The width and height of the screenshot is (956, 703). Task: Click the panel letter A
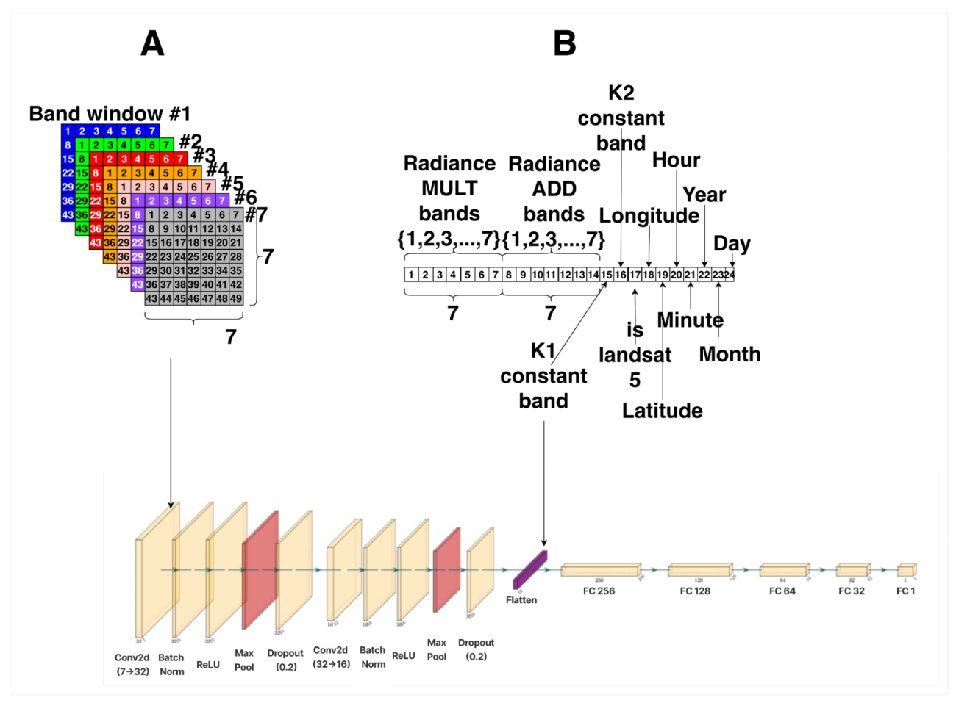152,43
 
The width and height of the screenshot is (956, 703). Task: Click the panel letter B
564,43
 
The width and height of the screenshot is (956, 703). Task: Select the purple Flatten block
529,569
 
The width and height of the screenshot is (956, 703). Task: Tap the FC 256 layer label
599,591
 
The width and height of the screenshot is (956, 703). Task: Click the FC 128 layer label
695,591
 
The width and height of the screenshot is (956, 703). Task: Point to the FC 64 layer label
782,591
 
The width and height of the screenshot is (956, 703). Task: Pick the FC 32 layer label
852,591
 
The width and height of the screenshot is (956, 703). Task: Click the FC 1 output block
906,570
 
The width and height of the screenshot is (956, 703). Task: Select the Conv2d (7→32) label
132,664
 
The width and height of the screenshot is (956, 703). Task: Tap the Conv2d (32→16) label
331,657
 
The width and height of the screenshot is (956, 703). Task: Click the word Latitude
662,411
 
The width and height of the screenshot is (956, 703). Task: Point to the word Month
730,354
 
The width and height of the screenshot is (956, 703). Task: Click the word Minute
690,320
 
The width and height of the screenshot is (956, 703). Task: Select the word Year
704,195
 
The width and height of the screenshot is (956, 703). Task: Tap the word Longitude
649,215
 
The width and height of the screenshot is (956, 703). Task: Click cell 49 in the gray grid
236,299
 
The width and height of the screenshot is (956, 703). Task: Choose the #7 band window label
256,214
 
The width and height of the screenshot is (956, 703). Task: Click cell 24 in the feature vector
730,275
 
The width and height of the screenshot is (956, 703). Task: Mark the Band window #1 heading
110,114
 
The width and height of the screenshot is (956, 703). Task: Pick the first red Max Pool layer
260,569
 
